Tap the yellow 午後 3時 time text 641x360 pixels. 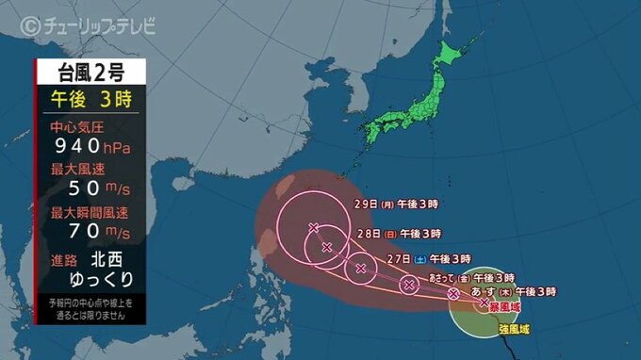90,98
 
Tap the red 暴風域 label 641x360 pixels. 505,307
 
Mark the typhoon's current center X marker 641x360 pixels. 484,303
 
